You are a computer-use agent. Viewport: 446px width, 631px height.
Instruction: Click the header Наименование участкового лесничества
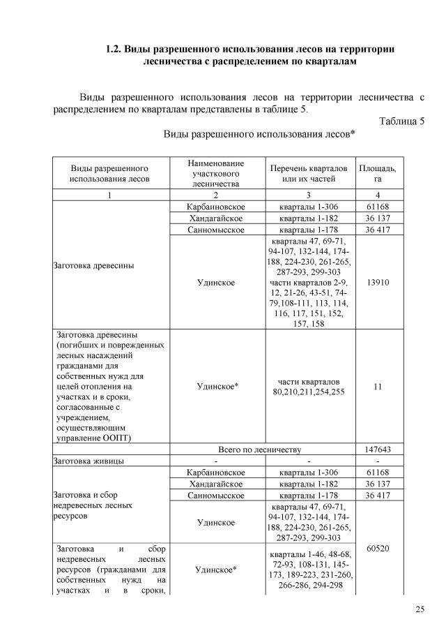pos(215,173)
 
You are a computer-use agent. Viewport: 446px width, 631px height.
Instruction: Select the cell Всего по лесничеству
pos(259,450)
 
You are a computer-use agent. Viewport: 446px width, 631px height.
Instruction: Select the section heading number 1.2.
pos(113,50)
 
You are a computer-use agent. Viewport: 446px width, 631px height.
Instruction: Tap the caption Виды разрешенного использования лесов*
pos(259,133)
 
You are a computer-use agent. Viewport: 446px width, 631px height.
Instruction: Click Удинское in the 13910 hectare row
pos(215,282)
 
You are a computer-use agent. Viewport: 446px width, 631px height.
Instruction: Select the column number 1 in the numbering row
pos(109,195)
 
